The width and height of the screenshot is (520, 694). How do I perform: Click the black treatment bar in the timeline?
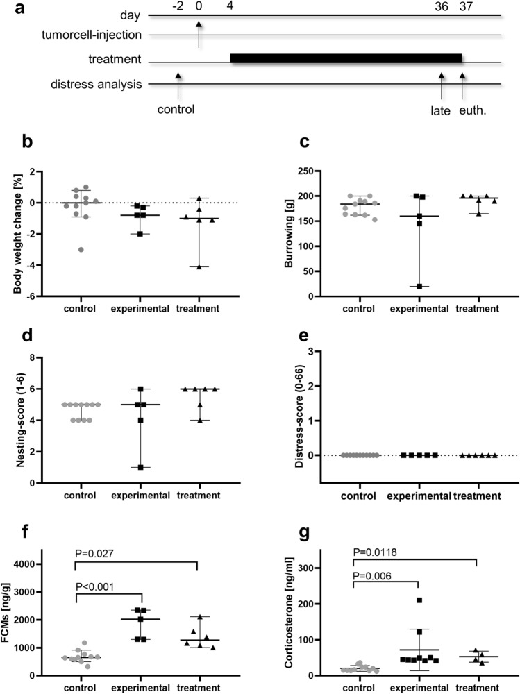tap(346, 59)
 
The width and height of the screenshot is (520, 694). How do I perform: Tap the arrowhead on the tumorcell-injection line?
tap(199, 25)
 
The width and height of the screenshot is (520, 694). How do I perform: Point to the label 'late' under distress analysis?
tap(441, 108)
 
